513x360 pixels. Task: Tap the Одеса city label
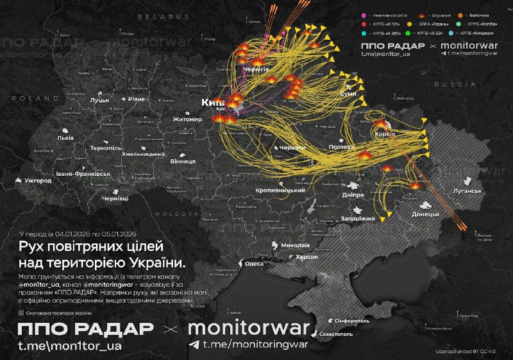pos(254,264)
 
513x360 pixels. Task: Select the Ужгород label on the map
pos(37,181)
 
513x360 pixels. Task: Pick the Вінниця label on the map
pos(183,160)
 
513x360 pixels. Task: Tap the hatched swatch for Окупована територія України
pos(23,313)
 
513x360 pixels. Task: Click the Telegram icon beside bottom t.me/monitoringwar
pos(194,345)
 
